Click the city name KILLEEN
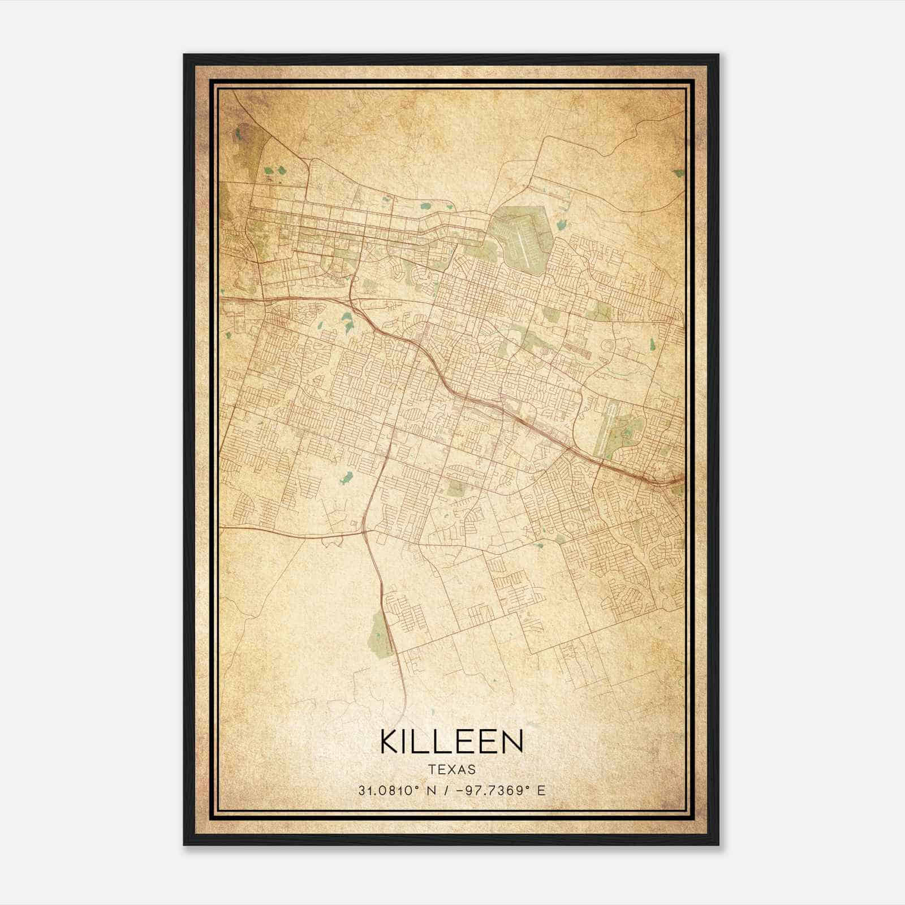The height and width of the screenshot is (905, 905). (451, 742)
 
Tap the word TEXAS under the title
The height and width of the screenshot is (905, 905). (451, 770)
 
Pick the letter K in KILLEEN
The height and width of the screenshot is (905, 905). (391, 742)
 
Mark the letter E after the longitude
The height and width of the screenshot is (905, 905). (541, 790)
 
